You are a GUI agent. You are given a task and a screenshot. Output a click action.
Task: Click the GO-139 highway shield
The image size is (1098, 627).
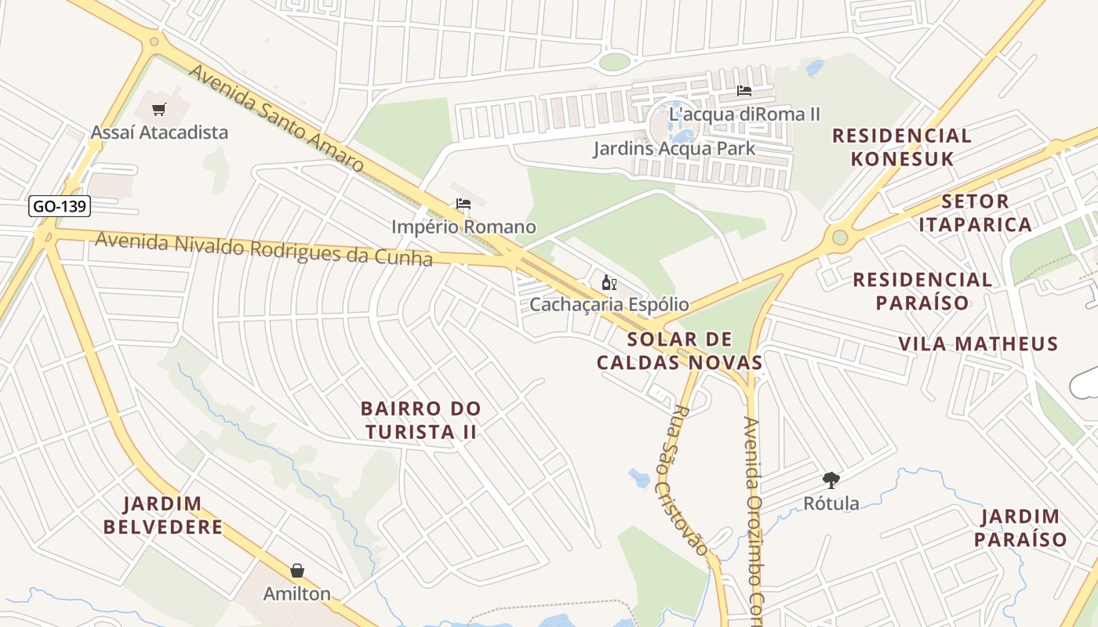coord(60,207)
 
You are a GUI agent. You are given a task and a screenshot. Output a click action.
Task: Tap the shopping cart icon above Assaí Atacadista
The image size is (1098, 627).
coord(159,109)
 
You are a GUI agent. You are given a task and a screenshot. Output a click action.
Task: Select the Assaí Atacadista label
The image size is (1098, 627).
coord(159,132)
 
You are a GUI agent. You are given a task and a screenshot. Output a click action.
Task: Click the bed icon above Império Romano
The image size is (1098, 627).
coord(464,205)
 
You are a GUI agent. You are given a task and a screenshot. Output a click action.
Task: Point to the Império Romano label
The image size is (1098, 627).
coord(464,227)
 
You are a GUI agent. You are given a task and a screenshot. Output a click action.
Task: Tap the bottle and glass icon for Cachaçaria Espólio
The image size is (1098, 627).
coord(609,282)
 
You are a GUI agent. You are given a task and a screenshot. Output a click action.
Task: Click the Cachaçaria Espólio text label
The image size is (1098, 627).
coord(609,304)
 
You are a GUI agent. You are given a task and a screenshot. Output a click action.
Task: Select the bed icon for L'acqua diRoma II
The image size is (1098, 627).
coord(744,91)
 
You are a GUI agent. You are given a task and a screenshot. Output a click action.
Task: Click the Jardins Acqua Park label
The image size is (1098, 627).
coord(674,148)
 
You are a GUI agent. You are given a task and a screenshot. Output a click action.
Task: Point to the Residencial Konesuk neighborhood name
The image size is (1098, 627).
coord(902,147)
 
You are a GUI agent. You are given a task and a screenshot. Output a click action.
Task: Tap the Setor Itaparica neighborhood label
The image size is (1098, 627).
coord(975,213)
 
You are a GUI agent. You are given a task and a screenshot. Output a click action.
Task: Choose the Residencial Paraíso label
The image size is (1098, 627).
coord(922,291)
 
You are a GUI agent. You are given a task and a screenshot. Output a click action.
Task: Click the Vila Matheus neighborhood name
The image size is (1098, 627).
coord(978,343)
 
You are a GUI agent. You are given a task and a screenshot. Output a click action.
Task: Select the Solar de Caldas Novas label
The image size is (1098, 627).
coord(679,350)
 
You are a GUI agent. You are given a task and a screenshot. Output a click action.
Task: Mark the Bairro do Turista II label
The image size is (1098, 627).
coord(420,420)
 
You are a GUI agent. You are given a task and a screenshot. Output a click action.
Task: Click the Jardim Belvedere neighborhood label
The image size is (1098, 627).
coord(163,515)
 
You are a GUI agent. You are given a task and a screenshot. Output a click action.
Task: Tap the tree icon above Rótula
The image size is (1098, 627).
coord(831,480)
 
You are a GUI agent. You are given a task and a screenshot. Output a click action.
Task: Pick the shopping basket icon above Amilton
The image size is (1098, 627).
coord(296,571)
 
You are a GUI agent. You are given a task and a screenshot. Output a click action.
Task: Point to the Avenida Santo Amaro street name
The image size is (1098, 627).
coord(276,118)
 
